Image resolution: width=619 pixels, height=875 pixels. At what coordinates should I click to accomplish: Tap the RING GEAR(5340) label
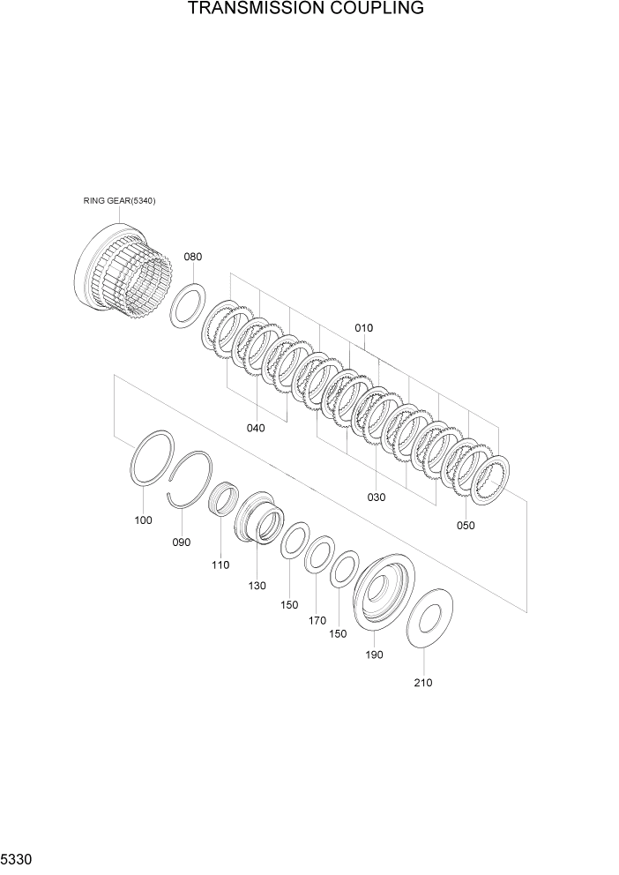(119, 201)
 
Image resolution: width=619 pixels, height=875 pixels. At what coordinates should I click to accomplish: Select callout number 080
(192, 257)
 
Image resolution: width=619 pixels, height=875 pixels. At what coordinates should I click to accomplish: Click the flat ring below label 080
(189, 304)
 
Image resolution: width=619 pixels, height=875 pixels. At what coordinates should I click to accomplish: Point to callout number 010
(363, 327)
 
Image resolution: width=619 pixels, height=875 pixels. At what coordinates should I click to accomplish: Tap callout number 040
(255, 428)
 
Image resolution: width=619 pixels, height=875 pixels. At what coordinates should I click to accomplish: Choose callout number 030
(377, 497)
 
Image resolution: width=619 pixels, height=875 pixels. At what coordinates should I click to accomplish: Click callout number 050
(466, 526)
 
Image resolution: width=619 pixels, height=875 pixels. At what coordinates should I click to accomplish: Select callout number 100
(143, 520)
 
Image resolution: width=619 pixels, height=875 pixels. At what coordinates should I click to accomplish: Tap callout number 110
(220, 565)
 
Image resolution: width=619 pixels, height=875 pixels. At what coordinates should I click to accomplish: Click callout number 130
(257, 586)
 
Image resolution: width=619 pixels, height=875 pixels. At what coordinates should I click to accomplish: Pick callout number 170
(317, 620)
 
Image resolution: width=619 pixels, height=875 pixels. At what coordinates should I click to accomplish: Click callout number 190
(374, 654)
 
